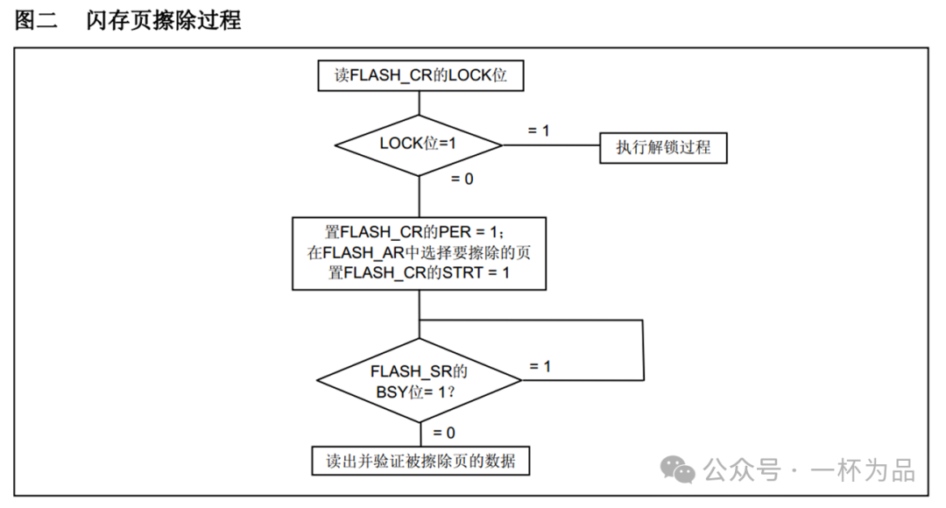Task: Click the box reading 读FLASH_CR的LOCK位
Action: (420, 76)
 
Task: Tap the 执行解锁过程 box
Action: (663, 147)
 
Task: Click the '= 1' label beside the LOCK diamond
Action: (539, 130)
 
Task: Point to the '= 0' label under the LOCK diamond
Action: (462, 179)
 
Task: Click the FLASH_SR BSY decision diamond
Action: (419, 380)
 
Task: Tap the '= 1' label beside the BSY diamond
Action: (540, 366)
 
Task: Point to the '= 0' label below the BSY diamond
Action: (443, 432)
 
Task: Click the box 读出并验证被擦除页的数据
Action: (420, 461)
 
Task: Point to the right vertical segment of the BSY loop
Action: (645, 349)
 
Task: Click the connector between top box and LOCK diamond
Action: (420, 102)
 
